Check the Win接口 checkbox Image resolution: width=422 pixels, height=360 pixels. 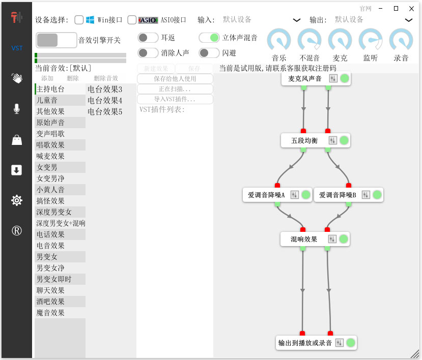point(79,20)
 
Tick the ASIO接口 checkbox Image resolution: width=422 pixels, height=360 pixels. point(132,20)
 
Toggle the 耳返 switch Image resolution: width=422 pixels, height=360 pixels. point(148,38)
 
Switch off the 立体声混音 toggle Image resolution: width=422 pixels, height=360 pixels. point(209,38)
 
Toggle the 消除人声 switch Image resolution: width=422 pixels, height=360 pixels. point(148,52)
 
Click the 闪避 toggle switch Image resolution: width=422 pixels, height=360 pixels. point(209,52)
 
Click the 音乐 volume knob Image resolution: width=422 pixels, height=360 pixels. point(278,40)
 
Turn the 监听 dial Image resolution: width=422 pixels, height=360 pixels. point(370,40)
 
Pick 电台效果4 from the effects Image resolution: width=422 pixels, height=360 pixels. point(105,100)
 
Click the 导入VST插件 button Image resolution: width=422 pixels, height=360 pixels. point(175,99)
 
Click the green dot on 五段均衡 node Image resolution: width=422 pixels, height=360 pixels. point(344,140)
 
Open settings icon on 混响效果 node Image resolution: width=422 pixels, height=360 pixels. point(332,239)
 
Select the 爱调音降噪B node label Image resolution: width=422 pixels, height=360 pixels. point(338,195)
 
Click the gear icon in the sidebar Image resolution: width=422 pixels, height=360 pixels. point(17,200)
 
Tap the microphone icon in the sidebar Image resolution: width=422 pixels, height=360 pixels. point(17,109)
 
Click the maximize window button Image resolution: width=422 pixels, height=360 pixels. point(396,8)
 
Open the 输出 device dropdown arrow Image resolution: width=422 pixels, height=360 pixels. point(408,20)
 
